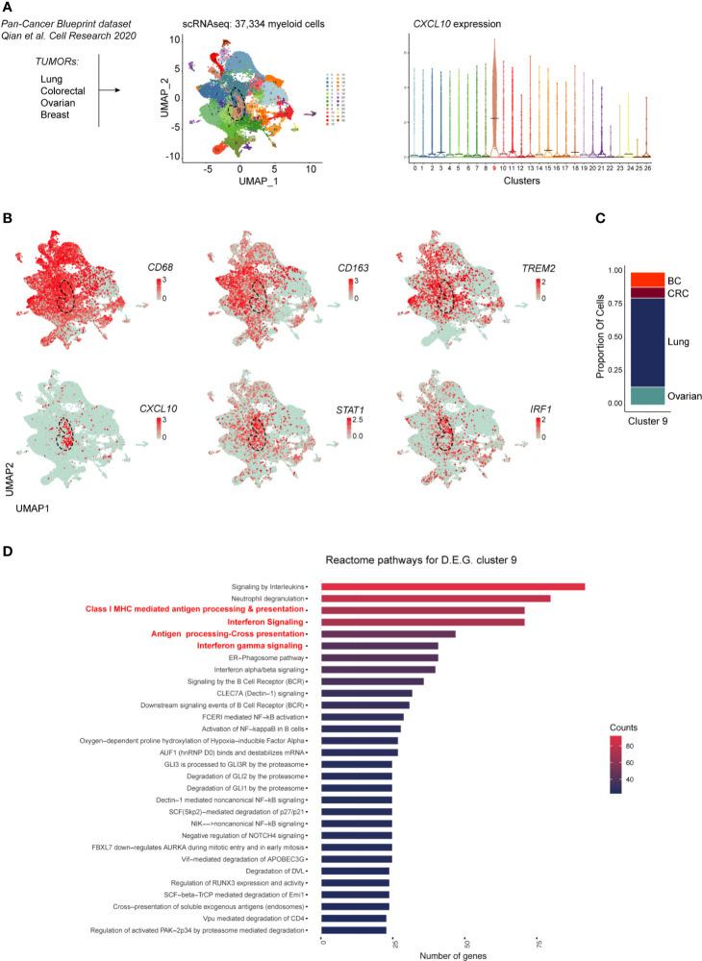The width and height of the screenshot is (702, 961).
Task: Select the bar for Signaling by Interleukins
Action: pos(452,586)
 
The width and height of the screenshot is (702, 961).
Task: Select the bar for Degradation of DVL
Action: pos(355,871)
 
